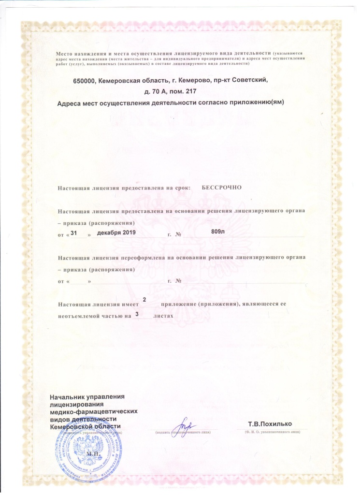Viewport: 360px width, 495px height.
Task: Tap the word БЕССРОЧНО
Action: (x=221, y=187)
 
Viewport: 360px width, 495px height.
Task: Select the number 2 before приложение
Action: (x=144, y=301)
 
